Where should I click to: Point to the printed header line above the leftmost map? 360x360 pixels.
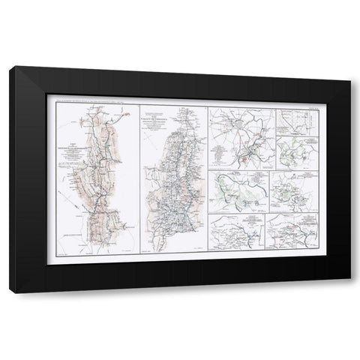click(x=97, y=97)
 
